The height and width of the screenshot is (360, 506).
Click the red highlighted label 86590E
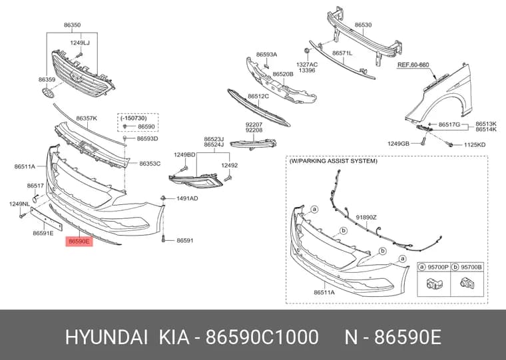79,241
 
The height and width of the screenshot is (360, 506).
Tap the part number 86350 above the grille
72,25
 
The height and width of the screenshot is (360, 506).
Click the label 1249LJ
80,43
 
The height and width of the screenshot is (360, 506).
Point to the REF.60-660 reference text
413,65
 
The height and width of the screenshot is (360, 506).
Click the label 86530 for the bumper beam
363,25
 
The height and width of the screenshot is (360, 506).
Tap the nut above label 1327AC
306,51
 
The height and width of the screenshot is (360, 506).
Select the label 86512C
258,96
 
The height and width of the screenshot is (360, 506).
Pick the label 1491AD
187,198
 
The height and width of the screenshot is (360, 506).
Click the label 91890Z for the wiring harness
366,218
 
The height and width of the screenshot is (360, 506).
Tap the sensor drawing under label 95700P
434,284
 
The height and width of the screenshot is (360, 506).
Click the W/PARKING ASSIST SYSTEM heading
333,160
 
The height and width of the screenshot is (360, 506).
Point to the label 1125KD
474,145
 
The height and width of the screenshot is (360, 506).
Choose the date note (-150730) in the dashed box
134,118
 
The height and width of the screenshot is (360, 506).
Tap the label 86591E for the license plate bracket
43,233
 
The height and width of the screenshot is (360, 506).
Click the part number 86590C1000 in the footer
262,338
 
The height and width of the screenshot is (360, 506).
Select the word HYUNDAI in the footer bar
107,338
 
